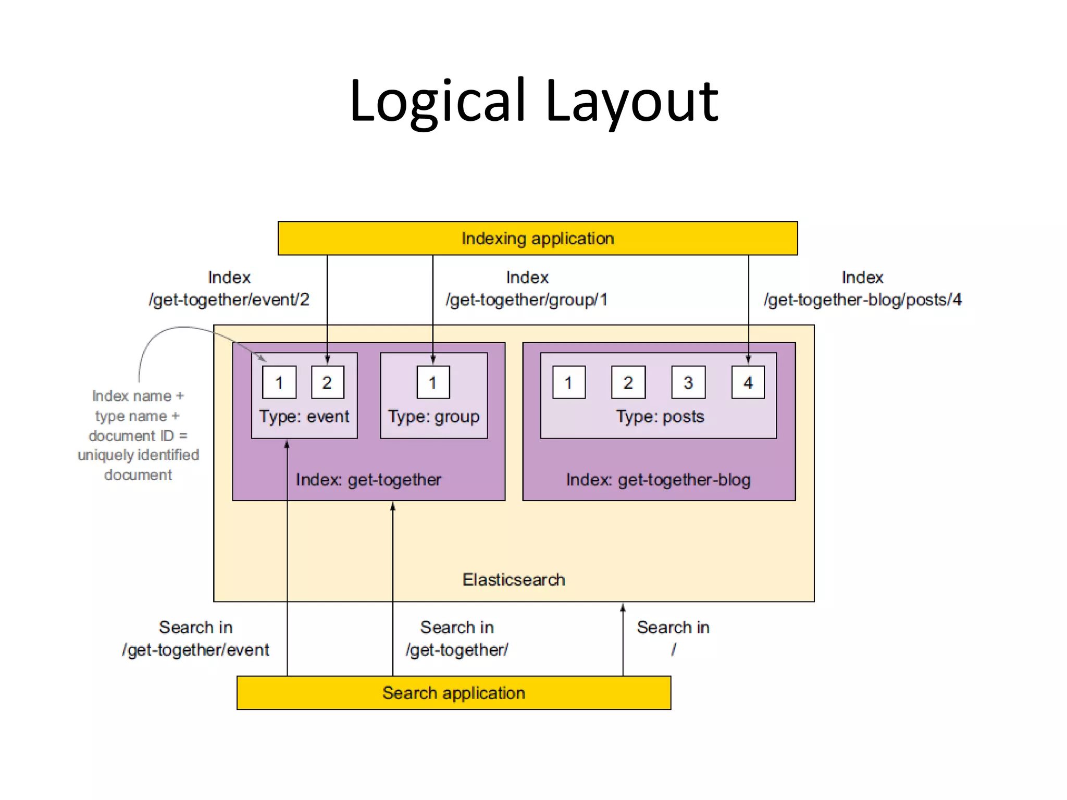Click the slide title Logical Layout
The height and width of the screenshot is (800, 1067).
[533, 100]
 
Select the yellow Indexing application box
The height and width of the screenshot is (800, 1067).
[538, 239]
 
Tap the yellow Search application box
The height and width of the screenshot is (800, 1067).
[453, 693]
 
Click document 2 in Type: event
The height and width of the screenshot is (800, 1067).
[327, 382]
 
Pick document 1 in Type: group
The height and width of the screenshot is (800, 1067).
[433, 382]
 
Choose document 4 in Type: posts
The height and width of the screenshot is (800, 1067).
[748, 382]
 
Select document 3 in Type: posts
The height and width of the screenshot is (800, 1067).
[688, 382]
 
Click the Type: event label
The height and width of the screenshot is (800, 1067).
[304, 417]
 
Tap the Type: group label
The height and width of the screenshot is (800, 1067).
[433, 417]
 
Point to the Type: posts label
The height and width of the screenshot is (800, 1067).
[660, 417]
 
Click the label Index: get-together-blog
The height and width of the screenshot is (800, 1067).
[658, 480]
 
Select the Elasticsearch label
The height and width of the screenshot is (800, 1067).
[514, 580]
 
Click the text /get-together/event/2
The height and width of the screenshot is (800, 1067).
[229, 300]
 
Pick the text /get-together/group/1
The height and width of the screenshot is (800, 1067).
[526, 300]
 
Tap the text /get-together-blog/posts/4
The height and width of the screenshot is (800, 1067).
[862, 300]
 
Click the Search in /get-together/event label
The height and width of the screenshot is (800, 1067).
[195, 639]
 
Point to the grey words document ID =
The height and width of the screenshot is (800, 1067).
[138, 435]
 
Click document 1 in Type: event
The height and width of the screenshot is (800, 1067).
[279, 382]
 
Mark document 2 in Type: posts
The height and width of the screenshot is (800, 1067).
[628, 382]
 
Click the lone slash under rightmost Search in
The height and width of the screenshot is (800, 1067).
[673, 649]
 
